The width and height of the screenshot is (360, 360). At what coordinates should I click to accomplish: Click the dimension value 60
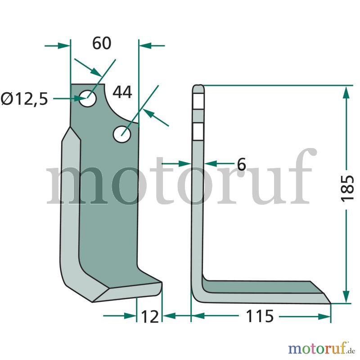[102, 43]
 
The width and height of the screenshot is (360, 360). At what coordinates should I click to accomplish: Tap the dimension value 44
[122, 92]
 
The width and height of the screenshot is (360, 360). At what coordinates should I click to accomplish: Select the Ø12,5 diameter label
[24, 99]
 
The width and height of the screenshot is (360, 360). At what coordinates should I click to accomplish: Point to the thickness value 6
[241, 164]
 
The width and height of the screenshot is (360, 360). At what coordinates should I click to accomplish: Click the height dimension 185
[347, 189]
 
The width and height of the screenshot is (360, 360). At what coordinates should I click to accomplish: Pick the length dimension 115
[260, 316]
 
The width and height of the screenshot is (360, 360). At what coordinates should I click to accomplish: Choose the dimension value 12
[150, 317]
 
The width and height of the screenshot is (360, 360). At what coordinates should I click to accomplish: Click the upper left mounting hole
[88, 99]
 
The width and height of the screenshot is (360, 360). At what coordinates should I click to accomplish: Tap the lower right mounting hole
[122, 134]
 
